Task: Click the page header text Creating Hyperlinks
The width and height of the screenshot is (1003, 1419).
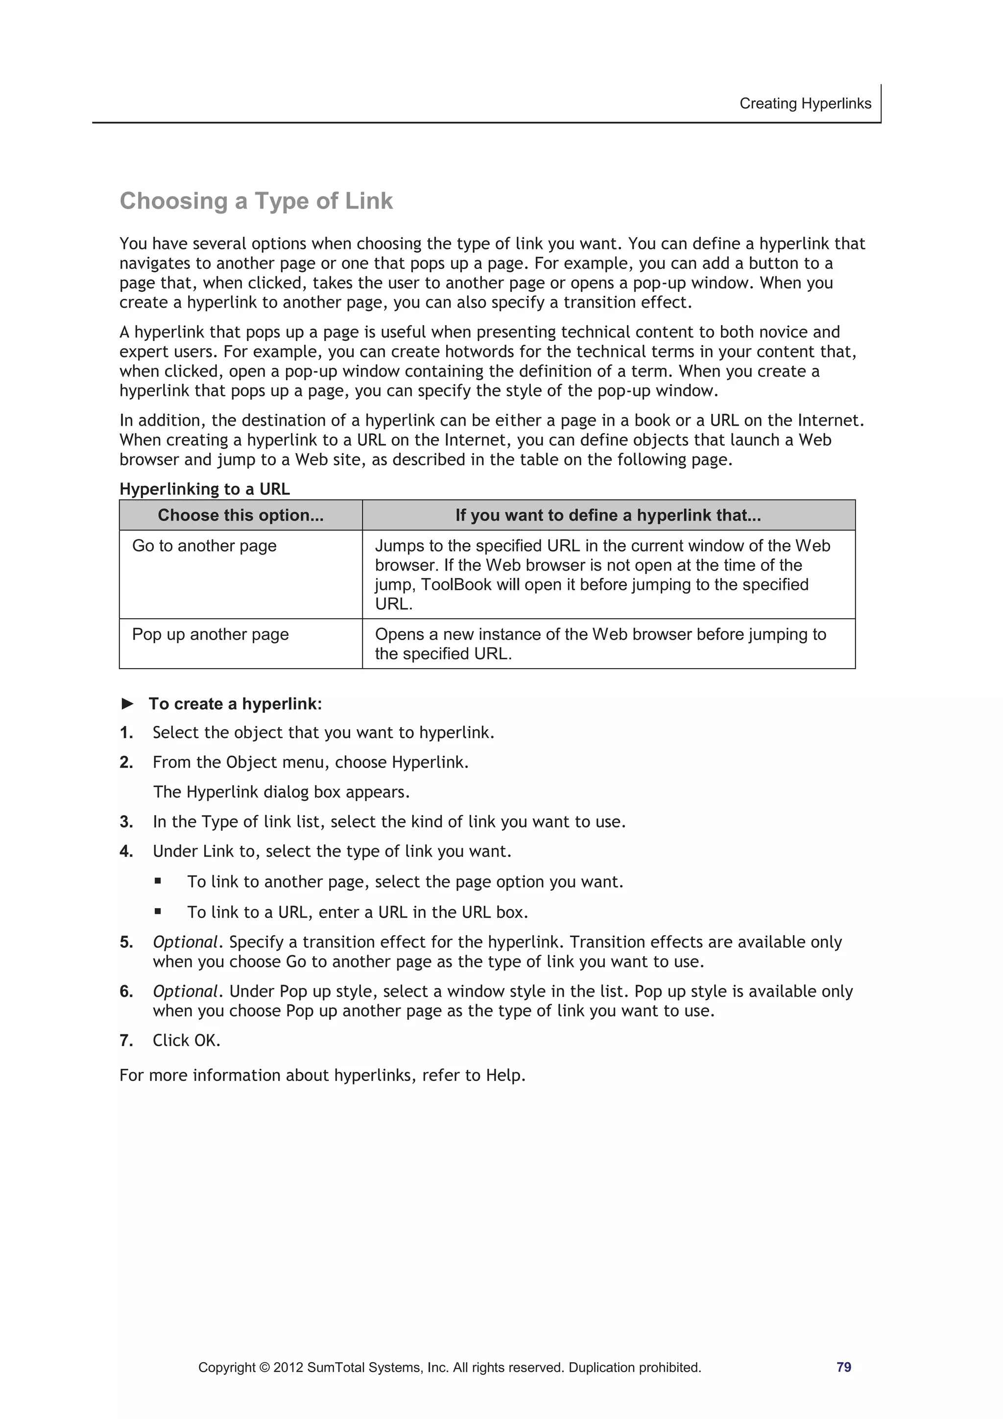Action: point(805,103)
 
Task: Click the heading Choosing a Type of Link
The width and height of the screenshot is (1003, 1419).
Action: point(256,201)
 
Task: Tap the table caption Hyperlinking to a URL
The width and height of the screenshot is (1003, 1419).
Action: point(204,489)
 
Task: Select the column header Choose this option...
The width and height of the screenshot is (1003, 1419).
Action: point(240,515)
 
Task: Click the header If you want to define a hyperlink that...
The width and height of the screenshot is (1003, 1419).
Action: point(608,515)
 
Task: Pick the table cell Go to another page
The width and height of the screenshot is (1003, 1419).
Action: point(204,546)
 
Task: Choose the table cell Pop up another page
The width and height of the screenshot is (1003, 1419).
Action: point(210,634)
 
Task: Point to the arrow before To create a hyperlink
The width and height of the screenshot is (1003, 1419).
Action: point(127,703)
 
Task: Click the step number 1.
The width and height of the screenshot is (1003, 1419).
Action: point(126,733)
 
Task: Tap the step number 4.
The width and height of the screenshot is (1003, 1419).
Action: point(126,852)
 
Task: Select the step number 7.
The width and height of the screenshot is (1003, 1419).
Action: point(126,1041)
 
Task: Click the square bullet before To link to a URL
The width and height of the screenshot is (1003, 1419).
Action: point(158,911)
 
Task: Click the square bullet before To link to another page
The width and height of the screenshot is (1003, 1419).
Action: point(158,881)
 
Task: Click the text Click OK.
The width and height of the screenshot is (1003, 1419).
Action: point(187,1041)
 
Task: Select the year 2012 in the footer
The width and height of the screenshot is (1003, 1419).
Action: point(288,1368)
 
